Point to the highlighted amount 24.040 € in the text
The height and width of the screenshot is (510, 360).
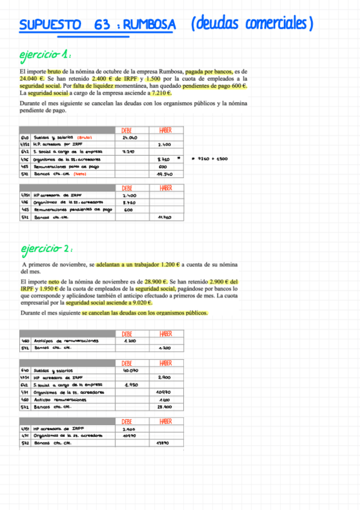(x=31, y=79)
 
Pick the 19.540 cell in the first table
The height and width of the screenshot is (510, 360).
(x=165, y=174)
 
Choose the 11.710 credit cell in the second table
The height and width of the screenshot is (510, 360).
(x=165, y=217)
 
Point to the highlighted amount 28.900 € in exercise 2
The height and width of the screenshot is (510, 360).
(x=156, y=281)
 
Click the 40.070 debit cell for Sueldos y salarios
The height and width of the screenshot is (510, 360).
(x=130, y=370)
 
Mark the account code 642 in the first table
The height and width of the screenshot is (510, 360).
(x=25, y=152)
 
